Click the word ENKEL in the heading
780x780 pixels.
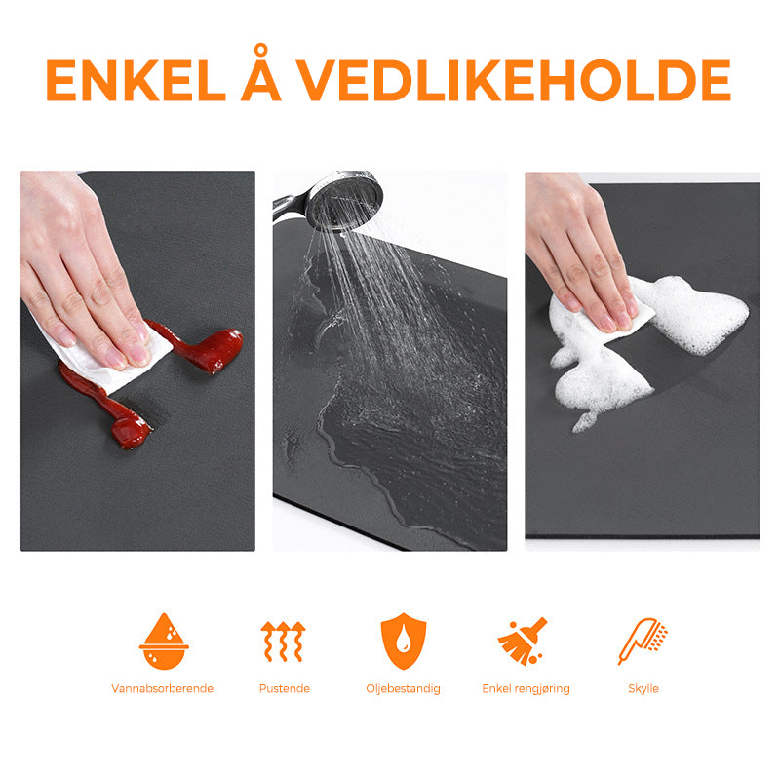(136, 81)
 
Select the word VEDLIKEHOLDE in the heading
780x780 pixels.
(515, 81)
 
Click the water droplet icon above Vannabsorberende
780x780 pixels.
(164, 642)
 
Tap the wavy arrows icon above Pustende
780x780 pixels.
(283, 642)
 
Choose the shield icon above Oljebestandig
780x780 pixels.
(404, 642)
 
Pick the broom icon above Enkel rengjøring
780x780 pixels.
(523, 642)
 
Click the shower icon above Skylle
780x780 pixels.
(643, 642)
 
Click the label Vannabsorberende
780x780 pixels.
(162, 688)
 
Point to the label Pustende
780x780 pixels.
(284, 688)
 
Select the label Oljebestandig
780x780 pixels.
(403, 689)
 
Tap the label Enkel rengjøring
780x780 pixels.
(526, 689)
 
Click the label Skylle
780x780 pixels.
(643, 688)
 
